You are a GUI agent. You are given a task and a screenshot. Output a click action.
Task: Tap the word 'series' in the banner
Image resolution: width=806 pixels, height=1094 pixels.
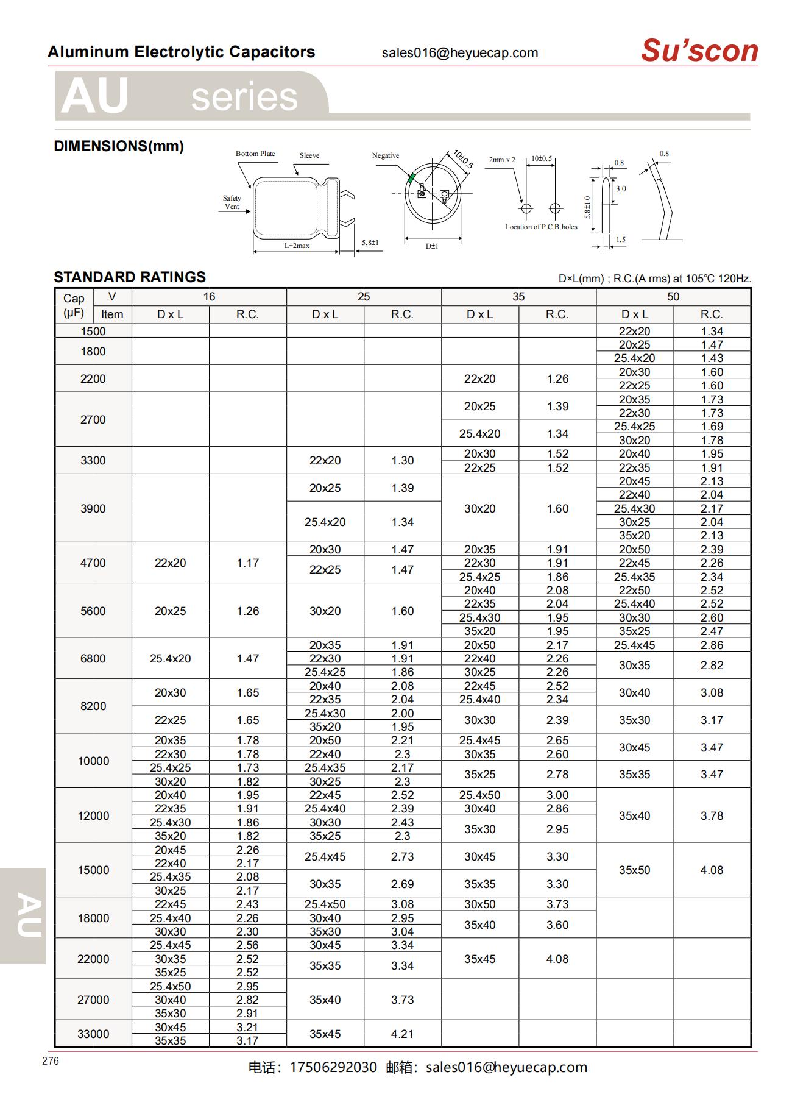click(244, 98)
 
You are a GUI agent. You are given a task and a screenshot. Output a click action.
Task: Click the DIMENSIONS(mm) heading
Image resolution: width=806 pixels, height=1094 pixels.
click(119, 146)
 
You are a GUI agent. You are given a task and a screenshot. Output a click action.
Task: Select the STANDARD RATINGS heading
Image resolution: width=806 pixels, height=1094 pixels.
click(130, 277)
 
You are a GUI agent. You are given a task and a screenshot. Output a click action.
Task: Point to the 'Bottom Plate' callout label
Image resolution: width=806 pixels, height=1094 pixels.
click(255, 154)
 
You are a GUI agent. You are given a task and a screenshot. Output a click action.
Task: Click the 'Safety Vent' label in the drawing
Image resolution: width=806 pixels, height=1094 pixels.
click(232, 202)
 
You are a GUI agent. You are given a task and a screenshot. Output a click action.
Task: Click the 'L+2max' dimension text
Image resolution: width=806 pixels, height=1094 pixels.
click(297, 246)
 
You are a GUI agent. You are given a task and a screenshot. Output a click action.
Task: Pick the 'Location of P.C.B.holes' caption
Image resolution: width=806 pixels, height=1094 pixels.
click(541, 227)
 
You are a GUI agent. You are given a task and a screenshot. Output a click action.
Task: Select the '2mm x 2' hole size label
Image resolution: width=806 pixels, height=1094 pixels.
click(501, 160)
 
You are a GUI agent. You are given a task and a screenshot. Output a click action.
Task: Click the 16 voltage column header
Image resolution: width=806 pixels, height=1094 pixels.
click(209, 297)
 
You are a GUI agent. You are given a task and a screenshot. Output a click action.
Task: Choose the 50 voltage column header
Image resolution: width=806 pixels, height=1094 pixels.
click(673, 297)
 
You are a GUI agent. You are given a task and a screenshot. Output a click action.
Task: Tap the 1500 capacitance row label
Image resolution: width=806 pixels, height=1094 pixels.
click(93, 332)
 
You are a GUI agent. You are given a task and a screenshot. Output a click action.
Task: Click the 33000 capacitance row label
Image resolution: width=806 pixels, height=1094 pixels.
click(93, 1034)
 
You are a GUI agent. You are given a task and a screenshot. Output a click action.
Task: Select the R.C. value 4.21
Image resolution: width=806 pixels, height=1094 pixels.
click(402, 1034)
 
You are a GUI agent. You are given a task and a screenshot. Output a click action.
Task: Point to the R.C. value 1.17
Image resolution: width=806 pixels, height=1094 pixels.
click(247, 563)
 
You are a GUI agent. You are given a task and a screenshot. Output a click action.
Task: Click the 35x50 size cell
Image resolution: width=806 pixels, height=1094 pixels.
click(634, 870)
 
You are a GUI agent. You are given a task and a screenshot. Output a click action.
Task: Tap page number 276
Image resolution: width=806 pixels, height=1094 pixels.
click(51, 1061)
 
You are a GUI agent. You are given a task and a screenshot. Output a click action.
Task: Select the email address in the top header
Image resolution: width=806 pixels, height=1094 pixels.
click(460, 53)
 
